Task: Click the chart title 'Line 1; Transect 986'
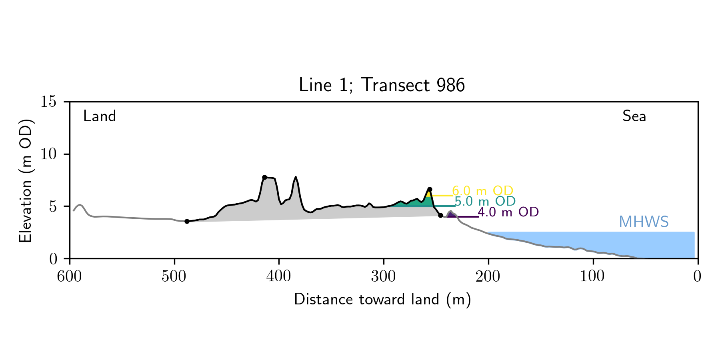point(382,85)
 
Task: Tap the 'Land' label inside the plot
point(100,116)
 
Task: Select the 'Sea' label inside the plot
point(634,116)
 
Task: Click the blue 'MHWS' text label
point(644,222)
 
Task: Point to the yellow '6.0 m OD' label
point(482,191)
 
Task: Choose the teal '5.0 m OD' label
point(485,201)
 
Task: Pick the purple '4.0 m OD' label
point(508,212)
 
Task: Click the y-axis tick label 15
point(49,102)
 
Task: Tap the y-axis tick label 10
point(49,154)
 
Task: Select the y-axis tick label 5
point(53,206)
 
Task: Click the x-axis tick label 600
point(70,276)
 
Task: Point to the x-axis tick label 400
point(279,276)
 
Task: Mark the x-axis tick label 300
point(384,276)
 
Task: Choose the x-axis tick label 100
point(593,276)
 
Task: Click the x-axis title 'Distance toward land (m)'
point(382,300)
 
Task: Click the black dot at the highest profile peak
point(264,177)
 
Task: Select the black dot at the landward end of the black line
point(187,221)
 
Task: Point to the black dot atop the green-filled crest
point(430,189)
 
